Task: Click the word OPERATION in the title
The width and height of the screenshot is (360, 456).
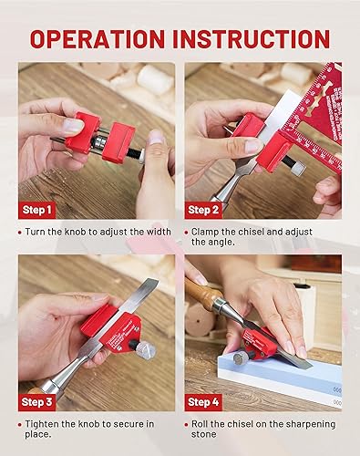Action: (x=98, y=39)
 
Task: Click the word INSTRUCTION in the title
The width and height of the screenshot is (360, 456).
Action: (x=252, y=39)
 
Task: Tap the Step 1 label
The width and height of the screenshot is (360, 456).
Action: (x=37, y=210)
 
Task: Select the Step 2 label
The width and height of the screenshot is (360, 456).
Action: (x=203, y=210)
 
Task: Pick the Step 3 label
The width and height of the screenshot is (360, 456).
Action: (x=37, y=402)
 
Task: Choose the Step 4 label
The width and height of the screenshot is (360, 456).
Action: (x=203, y=402)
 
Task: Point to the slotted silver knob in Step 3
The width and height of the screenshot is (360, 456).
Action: (x=146, y=350)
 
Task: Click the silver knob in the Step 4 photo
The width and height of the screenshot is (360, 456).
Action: (x=240, y=357)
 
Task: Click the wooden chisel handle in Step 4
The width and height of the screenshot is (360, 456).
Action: (x=201, y=294)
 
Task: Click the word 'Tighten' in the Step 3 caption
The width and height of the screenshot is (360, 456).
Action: (x=42, y=424)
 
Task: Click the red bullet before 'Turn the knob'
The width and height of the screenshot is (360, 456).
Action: (x=20, y=233)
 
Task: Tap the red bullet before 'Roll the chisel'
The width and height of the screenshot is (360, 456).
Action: (x=187, y=425)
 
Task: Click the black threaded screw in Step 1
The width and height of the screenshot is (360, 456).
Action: (x=132, y=153)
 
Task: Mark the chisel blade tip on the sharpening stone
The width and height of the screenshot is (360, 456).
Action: (x=311, y=367)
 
